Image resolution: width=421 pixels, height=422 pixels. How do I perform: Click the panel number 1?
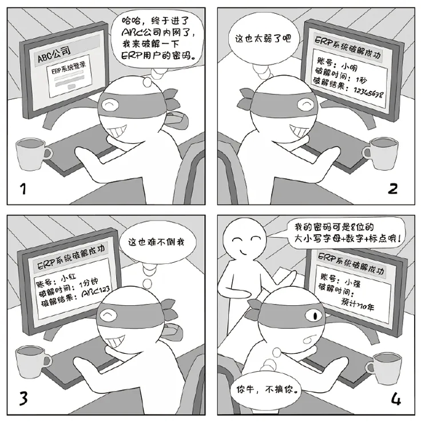23,188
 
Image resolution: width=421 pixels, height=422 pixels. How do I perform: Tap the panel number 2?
392,188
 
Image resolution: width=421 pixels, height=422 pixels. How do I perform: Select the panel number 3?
23,399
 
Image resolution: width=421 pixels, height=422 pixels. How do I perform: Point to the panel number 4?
396,399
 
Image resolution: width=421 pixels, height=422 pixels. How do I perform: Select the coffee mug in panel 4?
384,368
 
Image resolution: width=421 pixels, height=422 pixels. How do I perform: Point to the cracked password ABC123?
96,291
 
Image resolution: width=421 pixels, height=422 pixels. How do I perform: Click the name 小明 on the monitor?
349,66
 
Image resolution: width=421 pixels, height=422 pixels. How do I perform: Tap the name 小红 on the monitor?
69,277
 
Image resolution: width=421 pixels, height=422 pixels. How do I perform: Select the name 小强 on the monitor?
352,282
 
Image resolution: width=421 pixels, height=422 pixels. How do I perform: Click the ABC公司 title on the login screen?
54,54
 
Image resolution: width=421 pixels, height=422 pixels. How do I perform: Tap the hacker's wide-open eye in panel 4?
314,315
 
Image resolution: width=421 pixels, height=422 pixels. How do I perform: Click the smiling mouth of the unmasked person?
245,253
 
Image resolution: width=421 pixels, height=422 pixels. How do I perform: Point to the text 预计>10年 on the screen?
358,304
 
